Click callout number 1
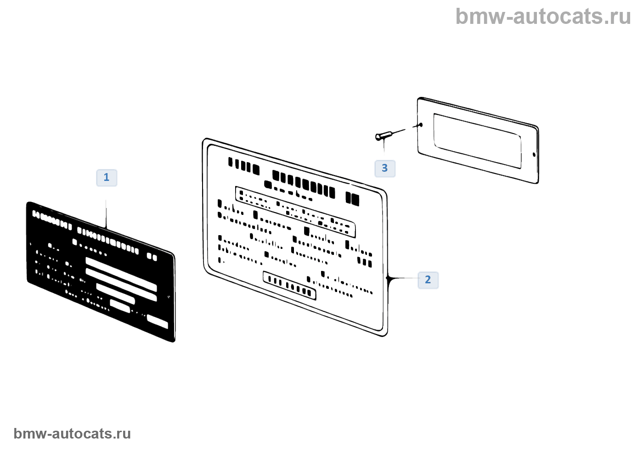(107, 178)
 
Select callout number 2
(428, 280)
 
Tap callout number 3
(385, 169)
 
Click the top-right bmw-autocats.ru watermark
(543, 17)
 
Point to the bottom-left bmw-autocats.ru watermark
(72, 433)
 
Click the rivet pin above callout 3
(384, 135)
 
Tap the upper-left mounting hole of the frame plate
(421, 125)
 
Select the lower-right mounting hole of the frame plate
(534, 155)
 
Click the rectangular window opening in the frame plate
(477, 141)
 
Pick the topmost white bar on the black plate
(121, 274)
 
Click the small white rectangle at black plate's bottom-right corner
(157, 322)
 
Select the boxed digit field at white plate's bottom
(289, 285)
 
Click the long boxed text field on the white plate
(295, 212)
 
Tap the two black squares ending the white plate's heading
(352, 199)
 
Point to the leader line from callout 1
(106, 214)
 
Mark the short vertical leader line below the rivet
(384, 147)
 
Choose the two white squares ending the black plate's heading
(152, 257)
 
